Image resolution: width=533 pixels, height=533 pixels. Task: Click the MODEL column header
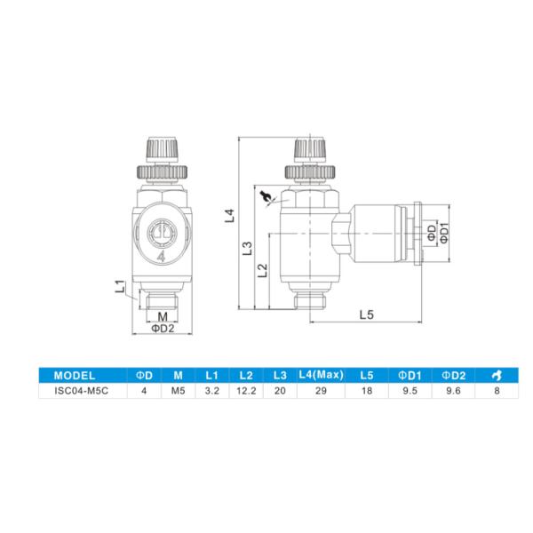point(75,374)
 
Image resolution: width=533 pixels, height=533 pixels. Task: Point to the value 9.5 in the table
point(410,389)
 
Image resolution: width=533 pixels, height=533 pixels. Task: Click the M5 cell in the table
point(178,389)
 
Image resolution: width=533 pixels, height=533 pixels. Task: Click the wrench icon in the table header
point(494,374)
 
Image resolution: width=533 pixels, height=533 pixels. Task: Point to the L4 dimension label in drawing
point(229,214)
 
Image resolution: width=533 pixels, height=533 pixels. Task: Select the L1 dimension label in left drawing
point(121,286)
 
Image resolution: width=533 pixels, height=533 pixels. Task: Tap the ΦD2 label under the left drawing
point(161,329)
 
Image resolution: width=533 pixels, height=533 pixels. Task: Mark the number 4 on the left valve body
point(161,258)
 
